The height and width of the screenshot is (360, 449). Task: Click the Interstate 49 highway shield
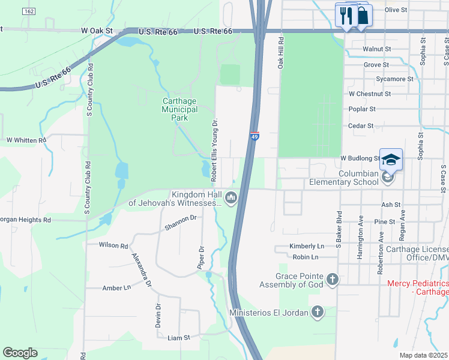[255, 137]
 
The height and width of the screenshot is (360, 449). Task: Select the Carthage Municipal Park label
[180, 109]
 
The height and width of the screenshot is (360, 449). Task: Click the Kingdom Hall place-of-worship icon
[231, 197]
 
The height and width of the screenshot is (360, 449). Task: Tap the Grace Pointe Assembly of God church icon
[333, 279]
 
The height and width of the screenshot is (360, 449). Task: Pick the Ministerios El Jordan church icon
[318, 312]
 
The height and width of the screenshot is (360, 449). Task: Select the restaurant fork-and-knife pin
[346, 16]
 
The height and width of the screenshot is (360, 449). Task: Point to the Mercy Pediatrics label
[418, 287]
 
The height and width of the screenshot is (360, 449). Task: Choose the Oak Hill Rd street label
[280, 52]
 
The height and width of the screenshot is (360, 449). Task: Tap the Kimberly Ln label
[307, 246]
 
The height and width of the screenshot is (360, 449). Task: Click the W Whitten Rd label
[26, 140]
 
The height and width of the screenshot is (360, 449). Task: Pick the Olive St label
[396, 10]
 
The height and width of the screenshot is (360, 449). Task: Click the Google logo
[20, 353]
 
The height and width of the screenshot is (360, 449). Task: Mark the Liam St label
[178, 338]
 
